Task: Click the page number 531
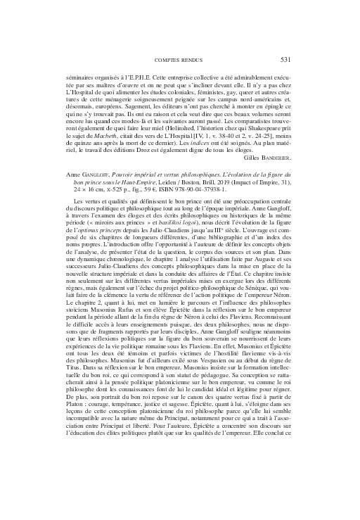tap(284, 59)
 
